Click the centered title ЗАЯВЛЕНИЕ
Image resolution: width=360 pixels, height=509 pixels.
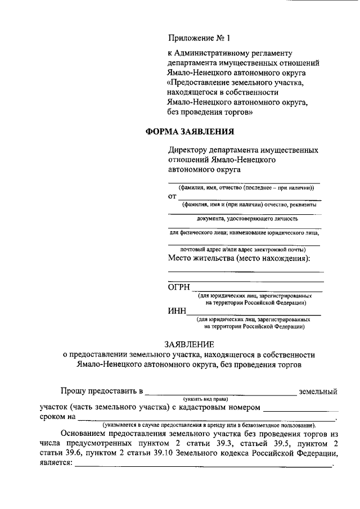pos(189,344)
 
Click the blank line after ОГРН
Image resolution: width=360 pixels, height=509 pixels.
pos(258,290)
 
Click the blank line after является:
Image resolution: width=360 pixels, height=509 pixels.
pos(203,466)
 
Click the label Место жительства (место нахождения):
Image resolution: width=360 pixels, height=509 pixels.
pos(239,259)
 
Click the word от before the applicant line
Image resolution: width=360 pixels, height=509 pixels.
pos(173,197)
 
